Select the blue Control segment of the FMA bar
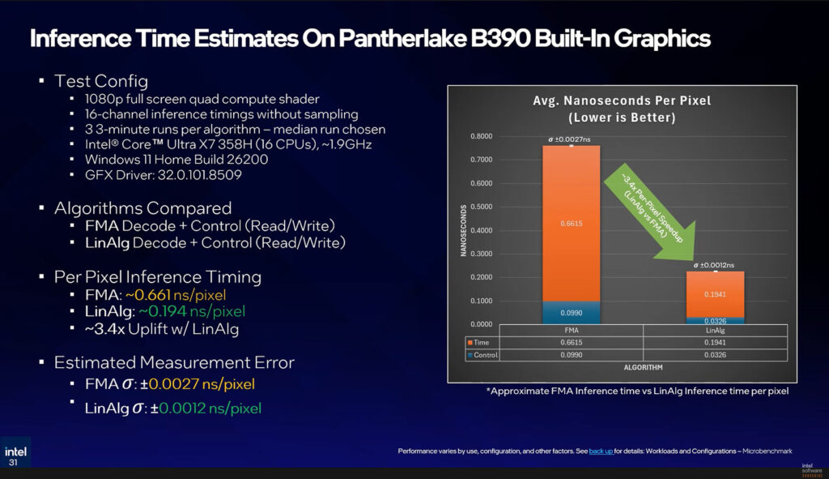coord(571,312)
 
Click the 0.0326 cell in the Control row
coord(715,355)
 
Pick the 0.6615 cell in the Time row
coord(572,343)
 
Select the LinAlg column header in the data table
coord(715,331)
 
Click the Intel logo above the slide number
coord(15,451)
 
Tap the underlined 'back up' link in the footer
coord(601,451)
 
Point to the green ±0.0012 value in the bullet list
coord(179,408)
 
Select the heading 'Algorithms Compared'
coord(142,208)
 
